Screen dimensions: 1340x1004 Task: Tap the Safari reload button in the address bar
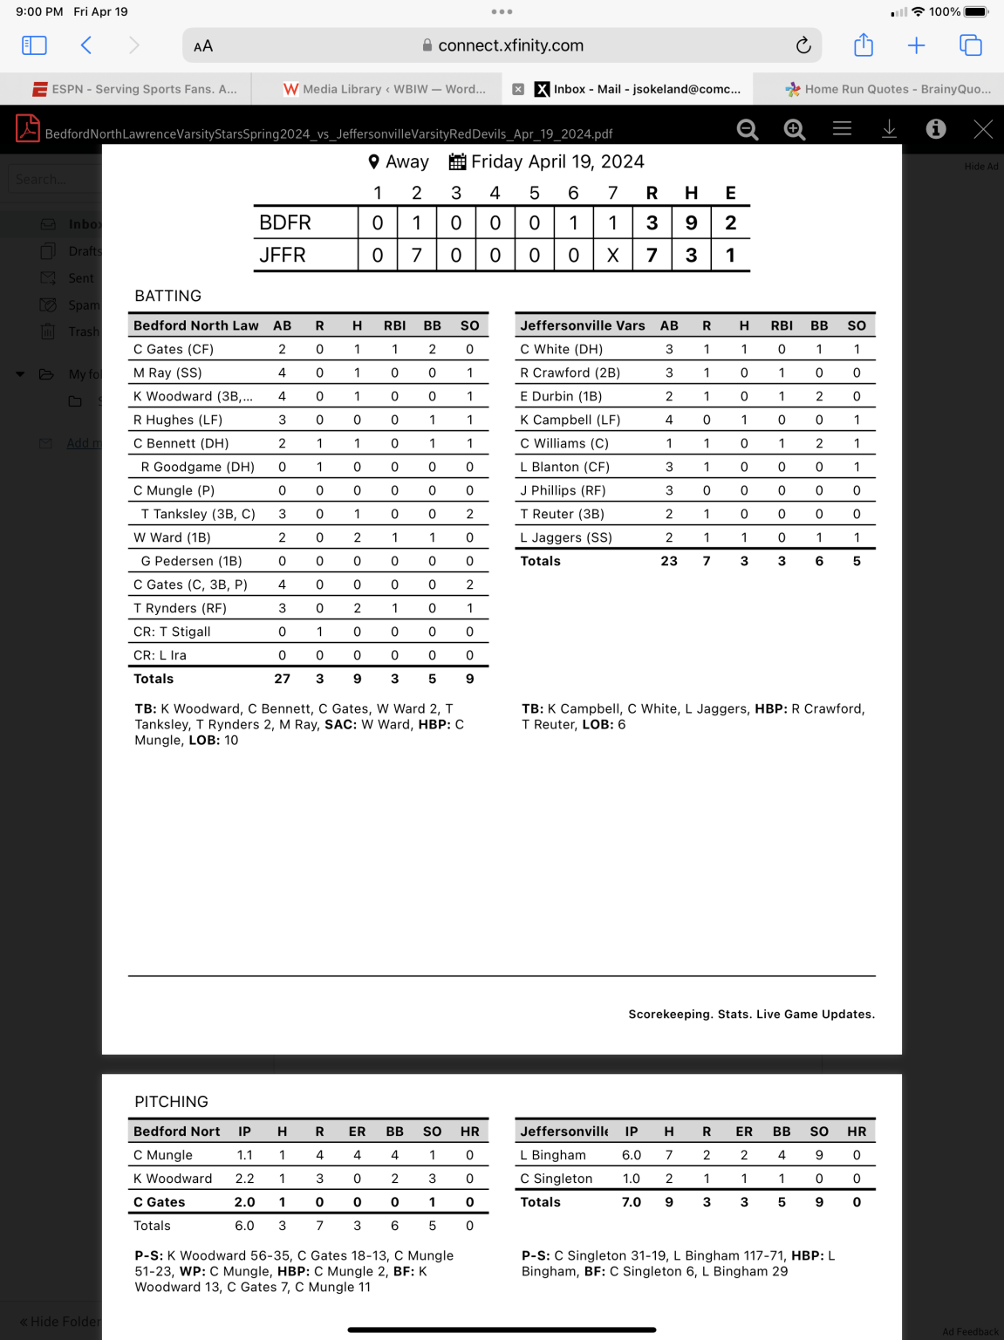(803, 45)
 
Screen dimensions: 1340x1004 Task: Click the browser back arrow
(86, 45)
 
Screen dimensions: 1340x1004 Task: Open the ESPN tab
(135, 89)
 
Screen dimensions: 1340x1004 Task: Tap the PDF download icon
(889, 129)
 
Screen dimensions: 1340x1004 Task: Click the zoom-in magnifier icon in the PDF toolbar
(794, 129)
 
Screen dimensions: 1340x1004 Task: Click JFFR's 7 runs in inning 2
(417, 255)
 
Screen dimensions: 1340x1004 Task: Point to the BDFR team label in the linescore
(285, 223)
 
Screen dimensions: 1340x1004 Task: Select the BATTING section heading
(168, 296)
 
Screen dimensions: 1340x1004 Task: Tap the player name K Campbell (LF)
(570, 420)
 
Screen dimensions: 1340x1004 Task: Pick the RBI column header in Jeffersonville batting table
(782, 325)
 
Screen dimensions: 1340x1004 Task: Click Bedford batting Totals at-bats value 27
(282, 679)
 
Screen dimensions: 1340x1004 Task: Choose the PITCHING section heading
(172, 1102)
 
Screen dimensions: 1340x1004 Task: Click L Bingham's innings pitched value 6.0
(632, 1155)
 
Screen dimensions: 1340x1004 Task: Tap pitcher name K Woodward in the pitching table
(173, 1179)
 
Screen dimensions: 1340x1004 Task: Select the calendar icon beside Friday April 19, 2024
(457, 162)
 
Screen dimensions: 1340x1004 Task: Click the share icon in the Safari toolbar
(864, 45)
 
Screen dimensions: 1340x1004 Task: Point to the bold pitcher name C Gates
(160, 1202)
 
